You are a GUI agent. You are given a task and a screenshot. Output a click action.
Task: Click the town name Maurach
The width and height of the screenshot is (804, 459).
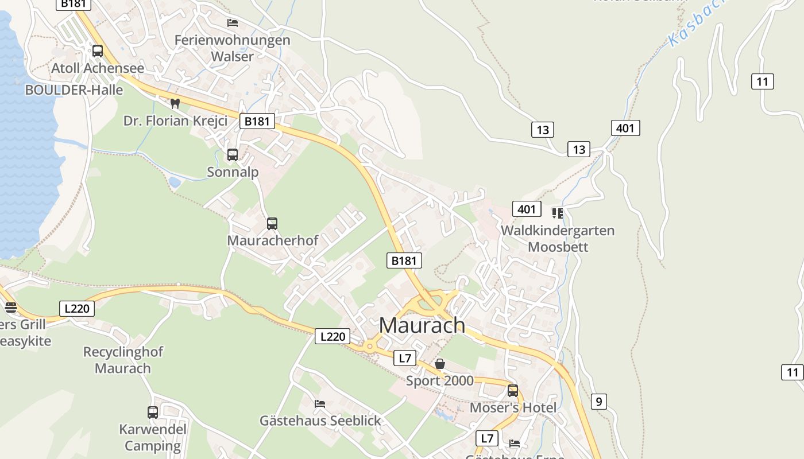click(422, 325)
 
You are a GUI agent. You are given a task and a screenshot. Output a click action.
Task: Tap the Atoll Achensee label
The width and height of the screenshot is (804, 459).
click(98, 68)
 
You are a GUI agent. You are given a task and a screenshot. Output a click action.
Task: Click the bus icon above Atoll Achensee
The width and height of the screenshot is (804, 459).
click(98, 51)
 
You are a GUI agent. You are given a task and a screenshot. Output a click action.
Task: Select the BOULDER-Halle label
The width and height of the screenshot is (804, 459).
click(74, 90)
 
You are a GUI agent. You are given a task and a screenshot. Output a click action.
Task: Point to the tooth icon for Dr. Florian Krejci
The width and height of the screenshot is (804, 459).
click(175, 104)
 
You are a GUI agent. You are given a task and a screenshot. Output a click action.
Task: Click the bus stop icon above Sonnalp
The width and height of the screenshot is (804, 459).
click(233, 155)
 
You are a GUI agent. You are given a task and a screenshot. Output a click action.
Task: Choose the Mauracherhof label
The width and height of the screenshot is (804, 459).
click(272, 240)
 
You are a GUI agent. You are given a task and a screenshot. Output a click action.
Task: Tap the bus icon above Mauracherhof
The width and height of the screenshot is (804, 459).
click(272, 224)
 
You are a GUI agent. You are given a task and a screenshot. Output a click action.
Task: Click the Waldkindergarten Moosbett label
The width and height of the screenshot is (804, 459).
click(558, 239)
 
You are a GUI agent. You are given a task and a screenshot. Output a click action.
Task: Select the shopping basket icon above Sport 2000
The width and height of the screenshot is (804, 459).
click(440, 364)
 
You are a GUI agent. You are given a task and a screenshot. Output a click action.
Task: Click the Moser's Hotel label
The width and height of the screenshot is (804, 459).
click(513, 408)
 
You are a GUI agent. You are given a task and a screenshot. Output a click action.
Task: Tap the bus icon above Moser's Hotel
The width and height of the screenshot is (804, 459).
click(513, 391)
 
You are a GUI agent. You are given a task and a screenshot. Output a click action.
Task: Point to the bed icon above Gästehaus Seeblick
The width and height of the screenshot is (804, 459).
click(320, 404)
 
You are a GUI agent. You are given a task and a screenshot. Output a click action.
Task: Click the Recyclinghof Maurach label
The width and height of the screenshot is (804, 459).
click(123, 360)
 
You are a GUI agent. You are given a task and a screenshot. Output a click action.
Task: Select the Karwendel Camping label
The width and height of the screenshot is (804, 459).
click(153, 437)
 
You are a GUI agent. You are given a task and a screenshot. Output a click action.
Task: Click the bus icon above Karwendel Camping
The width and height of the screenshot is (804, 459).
click(153, 412)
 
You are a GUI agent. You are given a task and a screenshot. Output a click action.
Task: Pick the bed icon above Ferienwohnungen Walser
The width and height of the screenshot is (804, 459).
click(233, 23)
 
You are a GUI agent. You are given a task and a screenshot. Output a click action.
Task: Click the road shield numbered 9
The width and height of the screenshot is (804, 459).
click(598, 402)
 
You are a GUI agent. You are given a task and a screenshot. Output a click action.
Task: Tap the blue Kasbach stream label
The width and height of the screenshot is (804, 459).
click(695, 26)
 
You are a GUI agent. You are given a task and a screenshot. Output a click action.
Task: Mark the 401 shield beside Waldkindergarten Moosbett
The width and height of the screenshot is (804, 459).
click(527, 209)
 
